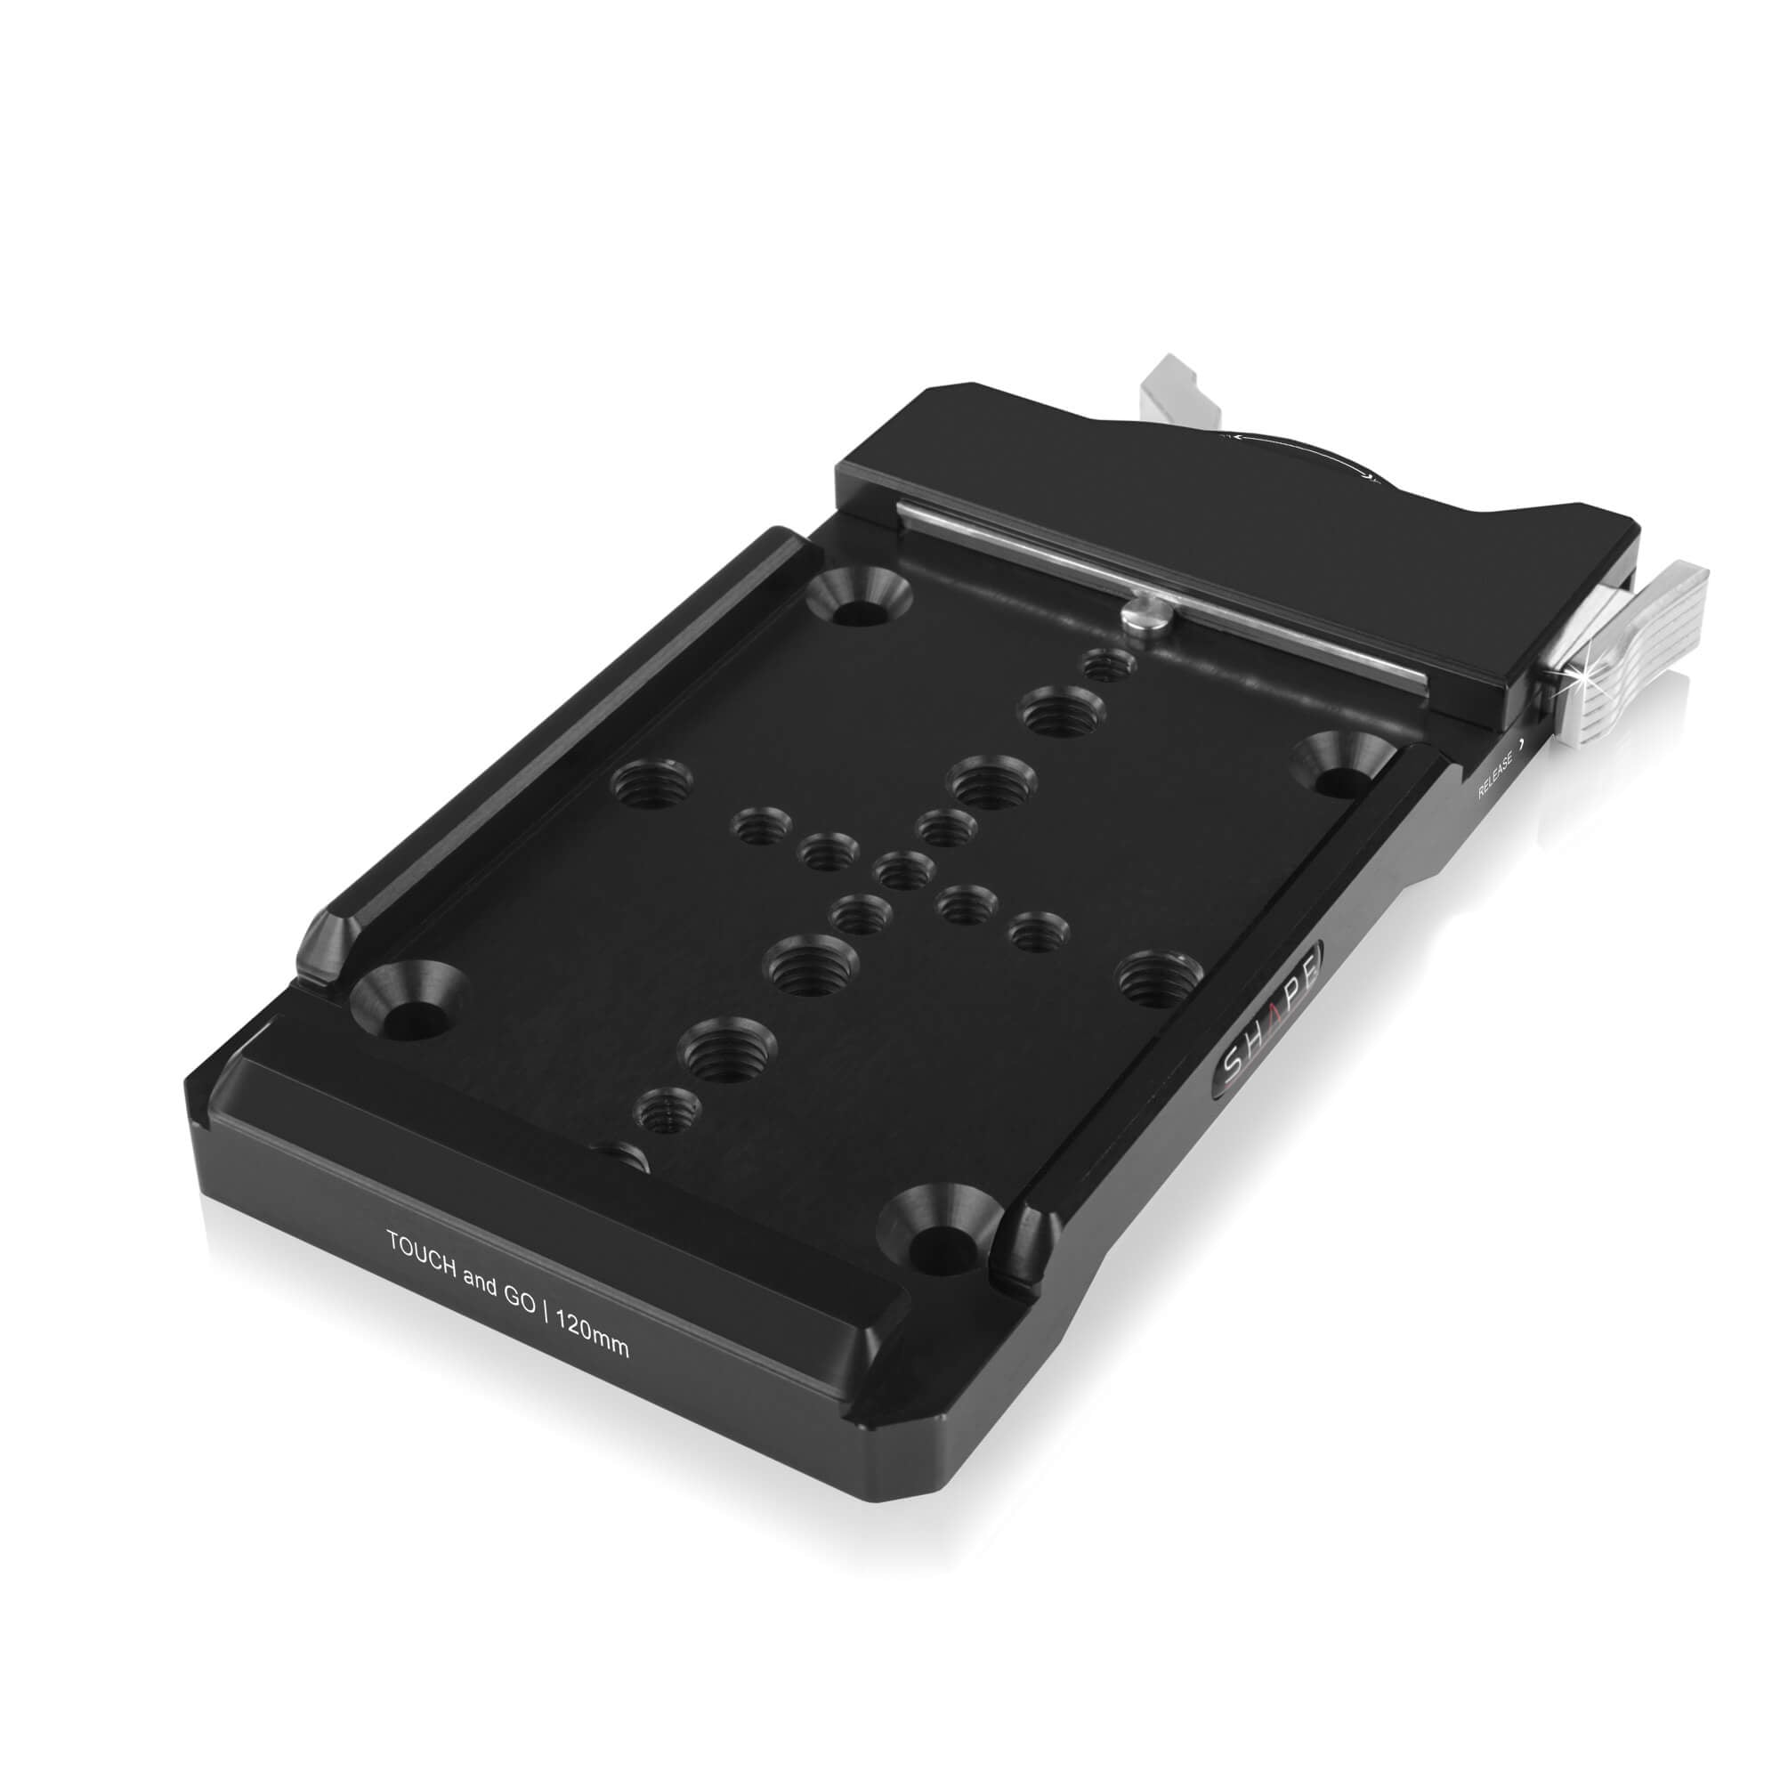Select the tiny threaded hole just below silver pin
[x=1105, y=665]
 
